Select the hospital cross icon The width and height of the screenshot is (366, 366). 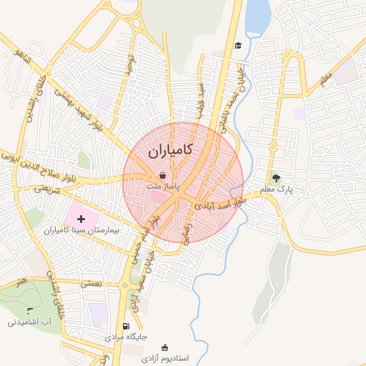click(x=80, y=218)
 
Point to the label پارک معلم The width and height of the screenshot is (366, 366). click(x=277, y=190)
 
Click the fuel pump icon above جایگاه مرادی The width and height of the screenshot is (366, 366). click(x=127, y=325)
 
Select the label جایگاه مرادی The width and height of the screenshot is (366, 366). click(x=126, y=336)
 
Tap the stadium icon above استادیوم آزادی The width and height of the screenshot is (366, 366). click(x=167, y=347)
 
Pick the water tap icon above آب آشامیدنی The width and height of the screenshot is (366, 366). click(x=29, y=311)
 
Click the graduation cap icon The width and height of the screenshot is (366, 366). click(x=238, y=46)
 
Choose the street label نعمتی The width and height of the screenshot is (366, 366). click(x=91, y=284)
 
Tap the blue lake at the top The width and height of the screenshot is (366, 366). click(x=257, y=16)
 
